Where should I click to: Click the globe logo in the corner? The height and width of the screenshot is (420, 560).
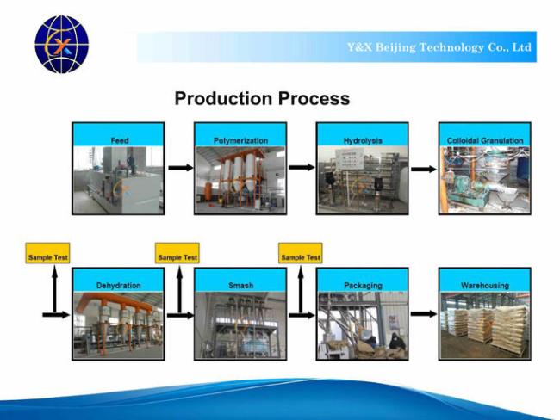coord(61,45)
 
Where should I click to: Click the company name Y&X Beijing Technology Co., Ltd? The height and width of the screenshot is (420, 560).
coord(439,47)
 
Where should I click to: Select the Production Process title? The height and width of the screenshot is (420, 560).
coord(262,99)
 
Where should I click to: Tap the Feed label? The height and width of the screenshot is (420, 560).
coord(119,140)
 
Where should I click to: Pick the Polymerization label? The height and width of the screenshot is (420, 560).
coord(240,140)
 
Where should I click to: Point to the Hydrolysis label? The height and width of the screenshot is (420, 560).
coord(363,140)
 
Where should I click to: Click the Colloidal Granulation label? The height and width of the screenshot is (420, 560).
coord(484,140)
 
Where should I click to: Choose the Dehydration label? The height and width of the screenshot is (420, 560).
coord(119,285)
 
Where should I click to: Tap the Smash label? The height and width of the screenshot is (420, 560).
coord(240,285)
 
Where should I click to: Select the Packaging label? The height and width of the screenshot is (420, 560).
coord(363,285)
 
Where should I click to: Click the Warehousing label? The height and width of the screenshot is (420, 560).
coord(484,285)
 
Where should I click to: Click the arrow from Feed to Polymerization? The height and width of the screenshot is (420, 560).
coord(180,167)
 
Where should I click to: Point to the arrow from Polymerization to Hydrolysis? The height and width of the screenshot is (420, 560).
coord(302,167)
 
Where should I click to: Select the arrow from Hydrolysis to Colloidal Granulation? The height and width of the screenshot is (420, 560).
coord(423,167)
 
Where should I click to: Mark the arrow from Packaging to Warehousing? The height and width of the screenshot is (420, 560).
coord(423,314)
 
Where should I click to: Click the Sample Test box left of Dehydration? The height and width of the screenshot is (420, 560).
coord(48,256)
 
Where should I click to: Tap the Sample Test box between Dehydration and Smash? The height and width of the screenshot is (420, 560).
coord(177,256)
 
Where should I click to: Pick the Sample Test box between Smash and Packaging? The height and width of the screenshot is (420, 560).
coord(301,256)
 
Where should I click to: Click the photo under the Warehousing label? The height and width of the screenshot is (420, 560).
coord(484,326)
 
